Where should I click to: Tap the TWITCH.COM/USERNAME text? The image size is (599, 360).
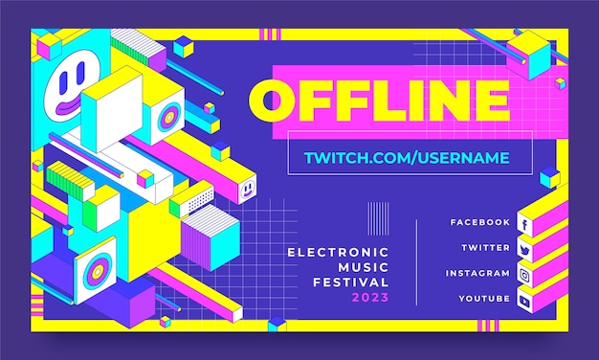(406, 157)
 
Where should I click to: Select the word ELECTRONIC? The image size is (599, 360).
(339, 252)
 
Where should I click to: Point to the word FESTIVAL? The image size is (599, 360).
(351, 282)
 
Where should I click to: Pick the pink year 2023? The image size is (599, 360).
(370, 298)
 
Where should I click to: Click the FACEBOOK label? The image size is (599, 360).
(479, 222)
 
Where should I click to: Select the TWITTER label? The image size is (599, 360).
(485, 247)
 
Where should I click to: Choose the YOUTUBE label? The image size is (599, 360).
(483, 299)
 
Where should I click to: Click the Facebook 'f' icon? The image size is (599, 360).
(524, 224)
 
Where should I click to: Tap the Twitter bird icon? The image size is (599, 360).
(524, 249)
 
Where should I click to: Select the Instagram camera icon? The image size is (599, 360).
(524, 275)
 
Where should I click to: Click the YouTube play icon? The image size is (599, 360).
(524, 301)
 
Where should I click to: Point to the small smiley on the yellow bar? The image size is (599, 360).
(246, 191)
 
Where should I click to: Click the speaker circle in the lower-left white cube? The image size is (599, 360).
(98, 263)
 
